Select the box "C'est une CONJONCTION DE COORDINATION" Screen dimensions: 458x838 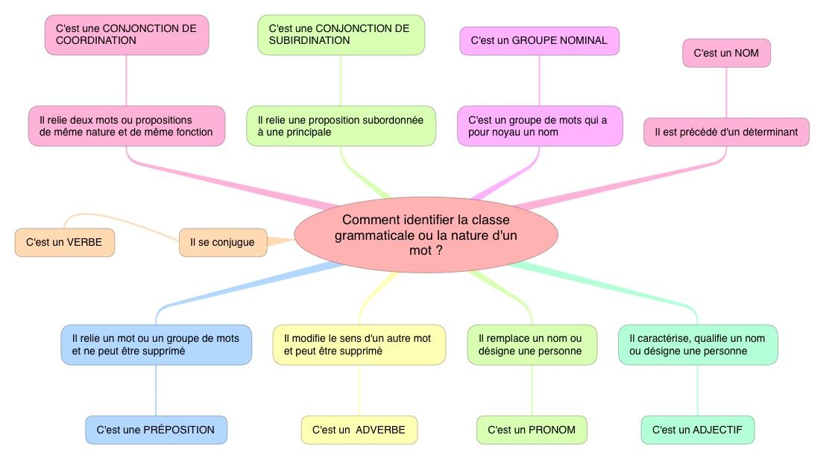(126, 35)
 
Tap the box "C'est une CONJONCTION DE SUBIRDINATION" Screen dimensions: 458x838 (341, 35)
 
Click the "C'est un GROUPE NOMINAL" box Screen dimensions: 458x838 (539, 41)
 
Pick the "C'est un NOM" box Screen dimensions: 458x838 (726, 53)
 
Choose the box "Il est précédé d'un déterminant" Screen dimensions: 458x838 (726, 132)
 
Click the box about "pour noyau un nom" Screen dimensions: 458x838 (539, 126)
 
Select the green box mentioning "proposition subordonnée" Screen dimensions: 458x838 (341, 126)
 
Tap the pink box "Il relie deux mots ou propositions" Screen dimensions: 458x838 (126, 126)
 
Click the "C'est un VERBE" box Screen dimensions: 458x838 (65, 242)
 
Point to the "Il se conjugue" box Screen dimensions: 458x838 (222, 242)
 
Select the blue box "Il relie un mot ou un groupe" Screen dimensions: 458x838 (156, 345)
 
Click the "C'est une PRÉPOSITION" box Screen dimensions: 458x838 (156, 430)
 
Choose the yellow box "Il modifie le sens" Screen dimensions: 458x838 (359, 345)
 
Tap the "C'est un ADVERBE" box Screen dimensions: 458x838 (359, 430)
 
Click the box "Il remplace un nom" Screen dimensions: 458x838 (532, 345)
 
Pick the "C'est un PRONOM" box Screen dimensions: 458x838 (532, 430)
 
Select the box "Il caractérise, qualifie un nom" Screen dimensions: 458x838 (698, 345)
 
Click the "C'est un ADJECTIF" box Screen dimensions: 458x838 (698, 430)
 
